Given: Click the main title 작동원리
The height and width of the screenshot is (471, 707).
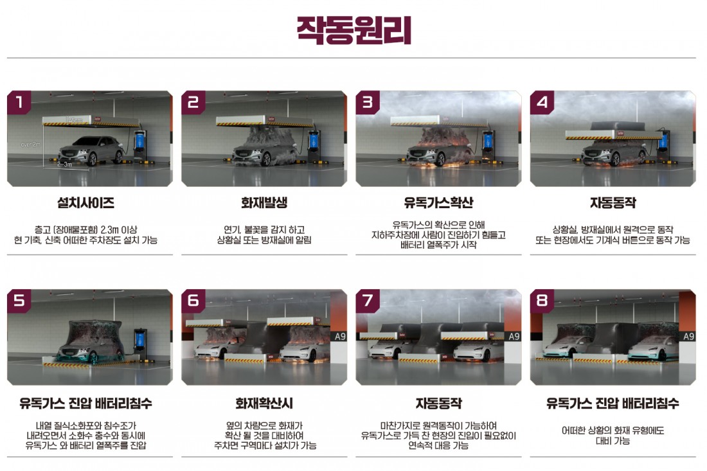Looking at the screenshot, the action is click(354, 30).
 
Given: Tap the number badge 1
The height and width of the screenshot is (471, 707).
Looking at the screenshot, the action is click(19, 102).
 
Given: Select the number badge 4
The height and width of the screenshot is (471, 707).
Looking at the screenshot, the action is click(542, 102).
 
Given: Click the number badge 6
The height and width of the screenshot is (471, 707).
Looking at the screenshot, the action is click(193, 300).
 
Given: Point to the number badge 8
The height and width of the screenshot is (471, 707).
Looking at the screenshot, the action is click(542, 300).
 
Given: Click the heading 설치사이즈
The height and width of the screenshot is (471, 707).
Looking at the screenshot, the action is click(85, 203).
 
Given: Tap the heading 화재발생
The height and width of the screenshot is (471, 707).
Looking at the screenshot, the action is click(264, 203).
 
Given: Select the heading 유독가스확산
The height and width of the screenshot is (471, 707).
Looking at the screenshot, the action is click(438, 203).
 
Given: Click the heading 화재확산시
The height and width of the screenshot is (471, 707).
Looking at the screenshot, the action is click(264, 403).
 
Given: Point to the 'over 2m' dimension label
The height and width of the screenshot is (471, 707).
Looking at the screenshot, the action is click(30, 145).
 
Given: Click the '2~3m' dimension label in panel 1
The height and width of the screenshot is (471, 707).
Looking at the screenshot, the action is click(64, 164).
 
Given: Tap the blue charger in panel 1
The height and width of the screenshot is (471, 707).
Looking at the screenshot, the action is click(139, 141).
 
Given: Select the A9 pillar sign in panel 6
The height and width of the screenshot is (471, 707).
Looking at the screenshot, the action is click(340, 336).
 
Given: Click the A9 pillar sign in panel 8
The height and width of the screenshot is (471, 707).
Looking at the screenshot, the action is click(688, 336).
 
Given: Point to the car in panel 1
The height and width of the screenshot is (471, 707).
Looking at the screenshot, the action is click(91, 150).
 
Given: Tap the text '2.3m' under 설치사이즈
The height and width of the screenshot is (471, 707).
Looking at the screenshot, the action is click(110, 230).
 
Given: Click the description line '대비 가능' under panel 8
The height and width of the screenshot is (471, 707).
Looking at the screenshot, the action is click(613, 441).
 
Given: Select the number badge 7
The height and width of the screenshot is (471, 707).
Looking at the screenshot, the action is click(368, 300).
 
